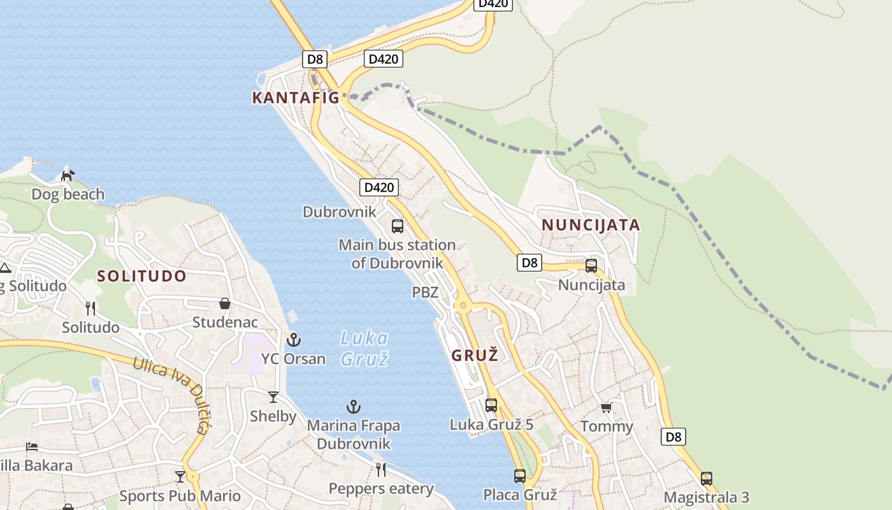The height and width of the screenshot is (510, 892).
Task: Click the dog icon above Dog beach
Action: point(67,175)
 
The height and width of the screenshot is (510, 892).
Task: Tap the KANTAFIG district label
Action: point(296,98)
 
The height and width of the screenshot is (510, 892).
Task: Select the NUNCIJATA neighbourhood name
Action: point(591,224)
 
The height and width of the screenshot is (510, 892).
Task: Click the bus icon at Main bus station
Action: point(398,226)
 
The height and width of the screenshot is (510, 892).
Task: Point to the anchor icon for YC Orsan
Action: point(294,339)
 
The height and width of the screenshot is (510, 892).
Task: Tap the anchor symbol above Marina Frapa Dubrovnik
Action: point(354,407)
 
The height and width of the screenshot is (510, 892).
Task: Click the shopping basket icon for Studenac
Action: point(225,303)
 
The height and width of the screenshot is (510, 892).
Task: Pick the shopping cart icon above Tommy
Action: point(606,407)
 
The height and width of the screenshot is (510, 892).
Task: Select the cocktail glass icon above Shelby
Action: point(273,397)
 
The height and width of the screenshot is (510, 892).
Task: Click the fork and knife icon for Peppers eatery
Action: point(381,470)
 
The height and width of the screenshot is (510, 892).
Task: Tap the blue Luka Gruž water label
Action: point(364,348)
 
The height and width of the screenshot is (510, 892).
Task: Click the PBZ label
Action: point(425,293)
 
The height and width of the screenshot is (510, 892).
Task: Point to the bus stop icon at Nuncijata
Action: point(591,266)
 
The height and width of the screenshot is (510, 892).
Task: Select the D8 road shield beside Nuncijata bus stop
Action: point(529,262)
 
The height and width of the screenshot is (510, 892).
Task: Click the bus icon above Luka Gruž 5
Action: point(491,405)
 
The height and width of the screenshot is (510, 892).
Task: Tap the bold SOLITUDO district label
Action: point(141,276)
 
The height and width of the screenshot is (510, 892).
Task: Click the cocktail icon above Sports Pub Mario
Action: point(180,476)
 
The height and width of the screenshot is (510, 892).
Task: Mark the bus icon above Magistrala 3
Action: point(706,478)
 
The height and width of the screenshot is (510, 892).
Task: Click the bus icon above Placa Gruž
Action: point(520,476)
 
